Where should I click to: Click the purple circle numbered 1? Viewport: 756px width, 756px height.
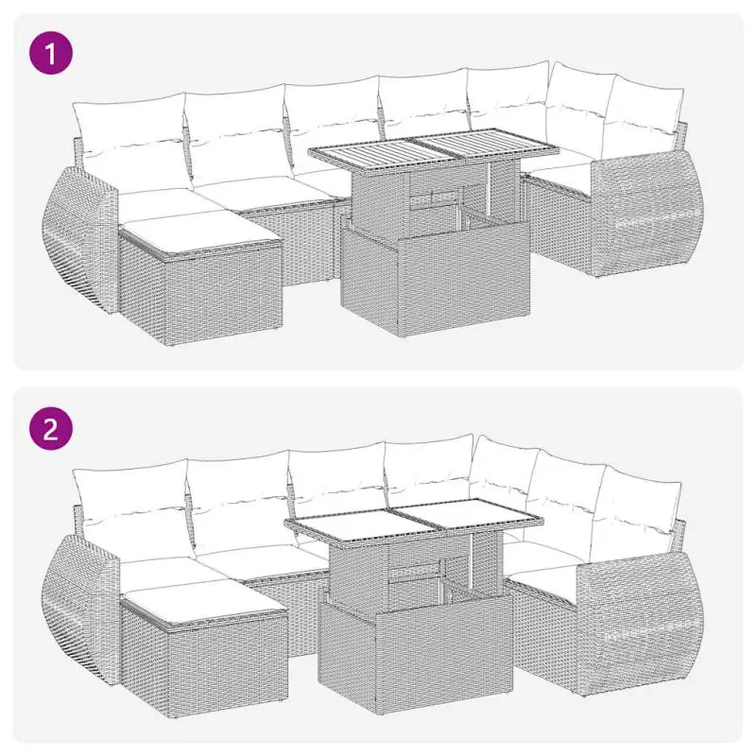click(x=51, y=53)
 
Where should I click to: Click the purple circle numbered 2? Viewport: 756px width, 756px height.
click(x=51, y=430)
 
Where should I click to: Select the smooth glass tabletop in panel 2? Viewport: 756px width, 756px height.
click(x=414, y=519)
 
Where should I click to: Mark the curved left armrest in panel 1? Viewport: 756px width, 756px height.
click(x=80, y=236)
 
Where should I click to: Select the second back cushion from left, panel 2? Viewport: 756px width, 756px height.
click(x=238, y=496)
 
